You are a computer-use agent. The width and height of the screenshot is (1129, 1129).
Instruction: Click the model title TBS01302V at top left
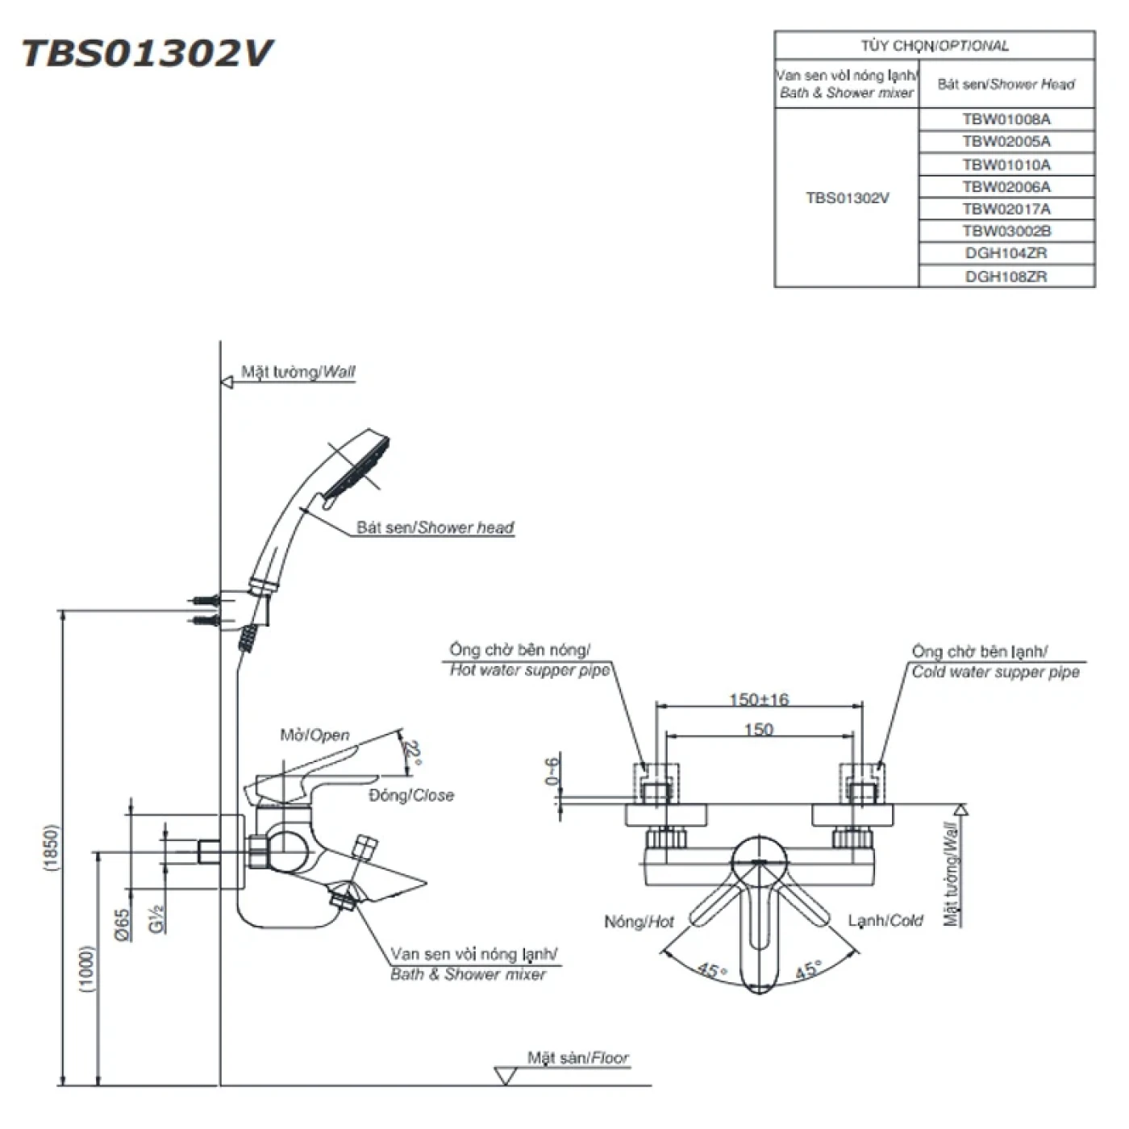(148, 54)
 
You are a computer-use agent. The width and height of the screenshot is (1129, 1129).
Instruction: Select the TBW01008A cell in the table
(1006, 119)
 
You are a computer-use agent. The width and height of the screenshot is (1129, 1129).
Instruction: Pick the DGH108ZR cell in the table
(1006, 276)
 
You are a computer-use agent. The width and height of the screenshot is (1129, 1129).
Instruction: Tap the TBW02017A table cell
(1006, 209)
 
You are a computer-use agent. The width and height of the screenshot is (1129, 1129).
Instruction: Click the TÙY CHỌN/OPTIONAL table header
(934, 46)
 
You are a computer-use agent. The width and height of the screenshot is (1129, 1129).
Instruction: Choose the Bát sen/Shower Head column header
(1006, 84)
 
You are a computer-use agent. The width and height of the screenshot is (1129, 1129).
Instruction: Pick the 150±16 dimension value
(758, 699)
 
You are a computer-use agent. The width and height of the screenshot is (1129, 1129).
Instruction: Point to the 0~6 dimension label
(552, 772)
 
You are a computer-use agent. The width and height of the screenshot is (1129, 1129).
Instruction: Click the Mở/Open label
(315, 735)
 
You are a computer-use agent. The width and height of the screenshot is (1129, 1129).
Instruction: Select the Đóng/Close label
(411, 795)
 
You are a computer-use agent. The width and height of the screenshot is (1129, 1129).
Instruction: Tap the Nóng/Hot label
(639, 921)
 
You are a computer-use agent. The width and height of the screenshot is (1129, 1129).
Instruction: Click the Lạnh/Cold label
(885, 920)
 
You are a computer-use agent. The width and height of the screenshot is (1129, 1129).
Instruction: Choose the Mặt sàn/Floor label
(577, 1057)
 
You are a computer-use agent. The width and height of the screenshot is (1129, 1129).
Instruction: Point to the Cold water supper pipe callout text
(995, 672)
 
